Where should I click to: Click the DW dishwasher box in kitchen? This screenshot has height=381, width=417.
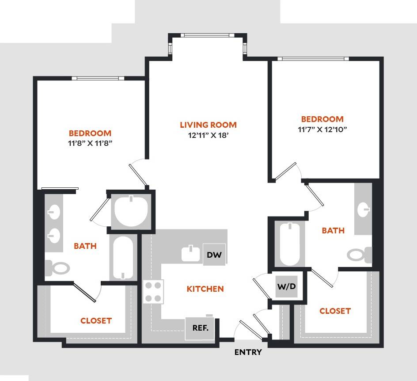tap(214, 255)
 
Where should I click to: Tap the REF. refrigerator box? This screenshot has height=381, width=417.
tap(200, 328)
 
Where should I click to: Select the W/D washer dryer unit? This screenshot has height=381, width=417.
tap(286, 286)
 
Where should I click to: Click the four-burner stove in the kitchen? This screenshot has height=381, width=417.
tap(153, 291)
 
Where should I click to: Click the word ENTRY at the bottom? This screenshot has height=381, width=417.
tap(248, 352)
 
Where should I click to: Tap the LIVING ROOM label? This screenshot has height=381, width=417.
tap(208, 125)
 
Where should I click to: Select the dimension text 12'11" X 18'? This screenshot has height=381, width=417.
tap(208, 136)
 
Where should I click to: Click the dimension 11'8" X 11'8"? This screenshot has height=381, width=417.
tap(90, 143)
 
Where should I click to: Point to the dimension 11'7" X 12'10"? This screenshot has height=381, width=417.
tap(322, 130)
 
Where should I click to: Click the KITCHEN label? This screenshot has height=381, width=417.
tap(205, 289)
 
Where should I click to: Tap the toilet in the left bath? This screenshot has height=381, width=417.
tap(58, 267)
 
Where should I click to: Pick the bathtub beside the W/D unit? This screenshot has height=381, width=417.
tap(290, 244)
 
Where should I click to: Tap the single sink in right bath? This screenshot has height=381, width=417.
tap(364, 209)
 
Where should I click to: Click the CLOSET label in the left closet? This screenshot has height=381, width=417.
tap(96, 320)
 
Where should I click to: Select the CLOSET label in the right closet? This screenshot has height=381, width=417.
tap(335, 311)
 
